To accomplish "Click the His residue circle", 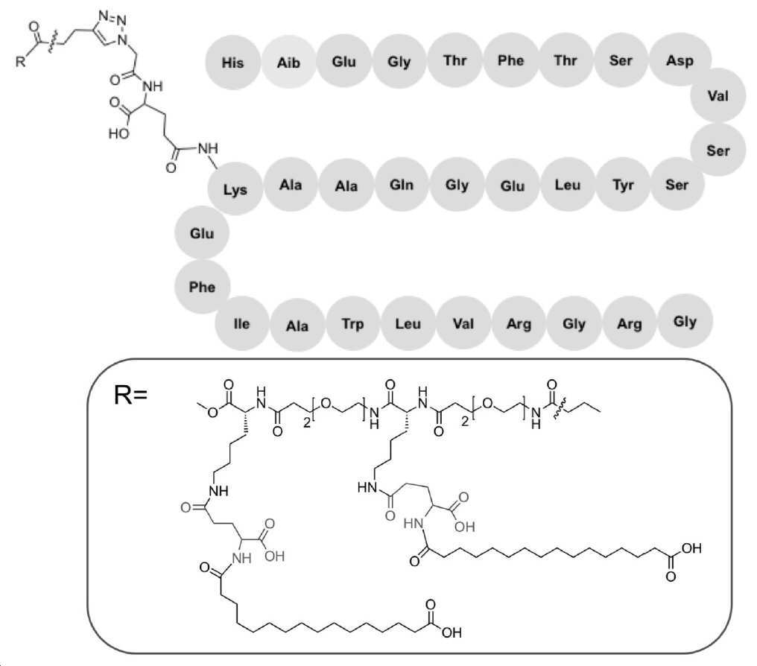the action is click(232, 63).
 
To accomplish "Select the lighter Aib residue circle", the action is click(288, 63).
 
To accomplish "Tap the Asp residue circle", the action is click(680, 60).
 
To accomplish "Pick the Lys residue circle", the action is click(235, 189).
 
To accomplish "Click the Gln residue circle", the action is click(402, 184).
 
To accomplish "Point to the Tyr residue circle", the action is click(624, 184).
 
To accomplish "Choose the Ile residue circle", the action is click(241, 323).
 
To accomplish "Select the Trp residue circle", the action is click(353, 323).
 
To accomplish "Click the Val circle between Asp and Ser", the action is click(718, 95).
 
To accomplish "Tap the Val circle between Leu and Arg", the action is click(463, 323).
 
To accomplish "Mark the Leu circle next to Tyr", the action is click(568, 184).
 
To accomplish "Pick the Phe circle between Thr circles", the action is click(511, 60).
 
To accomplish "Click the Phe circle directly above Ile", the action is click(202, 287).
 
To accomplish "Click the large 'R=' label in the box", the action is click(130, 395).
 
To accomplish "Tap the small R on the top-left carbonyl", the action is click(20, 61).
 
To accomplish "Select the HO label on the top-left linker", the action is click(118, 133).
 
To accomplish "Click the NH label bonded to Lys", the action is click(208, 148).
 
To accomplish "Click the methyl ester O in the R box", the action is click(212, 412).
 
